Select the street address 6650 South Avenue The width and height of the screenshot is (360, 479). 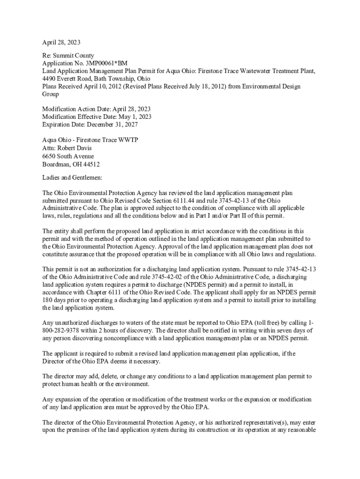point(68,156)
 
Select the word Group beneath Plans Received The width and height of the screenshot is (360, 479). point(50,94)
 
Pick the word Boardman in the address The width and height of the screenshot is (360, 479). point(56,164)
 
